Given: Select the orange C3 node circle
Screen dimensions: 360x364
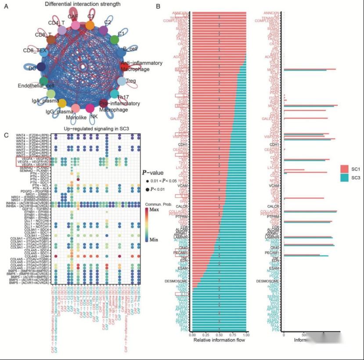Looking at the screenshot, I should (x=90, y=25).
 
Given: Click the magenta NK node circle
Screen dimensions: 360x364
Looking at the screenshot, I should (x=90, y=108).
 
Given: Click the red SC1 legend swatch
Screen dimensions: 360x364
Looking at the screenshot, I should (x=345, y=168).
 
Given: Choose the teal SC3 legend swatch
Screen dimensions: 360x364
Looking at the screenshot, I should (x=345, y=178).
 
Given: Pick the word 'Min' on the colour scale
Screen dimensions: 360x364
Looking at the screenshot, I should (x=154, y=239).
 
